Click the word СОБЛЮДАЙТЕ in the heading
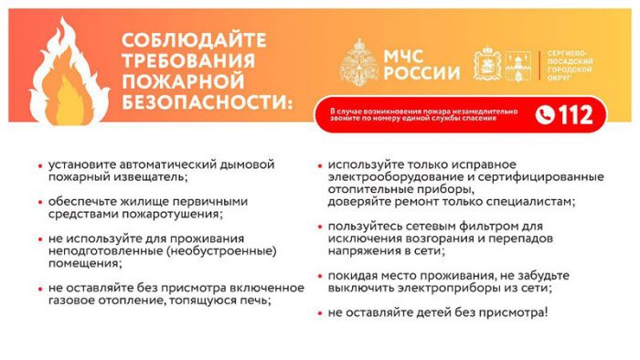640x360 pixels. (194, 40)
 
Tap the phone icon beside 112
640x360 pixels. (546, 114)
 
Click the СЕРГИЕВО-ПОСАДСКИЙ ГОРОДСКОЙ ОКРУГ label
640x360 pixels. (572, 65)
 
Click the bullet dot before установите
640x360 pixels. (39, 165)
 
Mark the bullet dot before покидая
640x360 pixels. (319, 275)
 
